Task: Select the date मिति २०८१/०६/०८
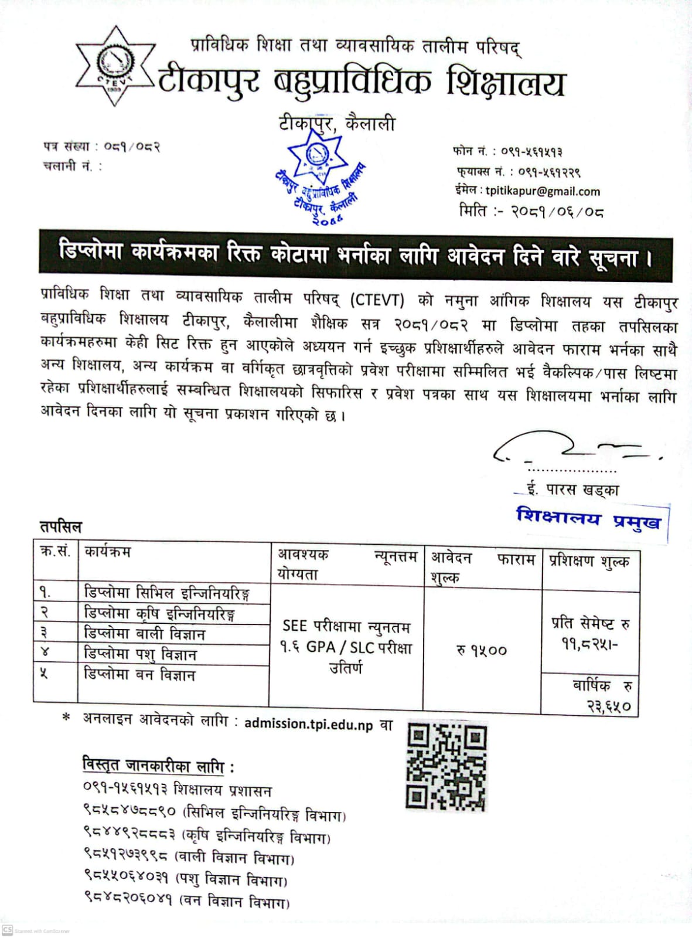(531, 211)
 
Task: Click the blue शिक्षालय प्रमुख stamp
(588, 519)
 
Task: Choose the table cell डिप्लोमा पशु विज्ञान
(141, 654)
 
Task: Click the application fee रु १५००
(482, 650)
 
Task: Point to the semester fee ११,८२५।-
(589, 644)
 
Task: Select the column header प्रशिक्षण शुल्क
(589, 562)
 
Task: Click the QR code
(446, 767)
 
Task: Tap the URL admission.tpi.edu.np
(308, 724)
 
